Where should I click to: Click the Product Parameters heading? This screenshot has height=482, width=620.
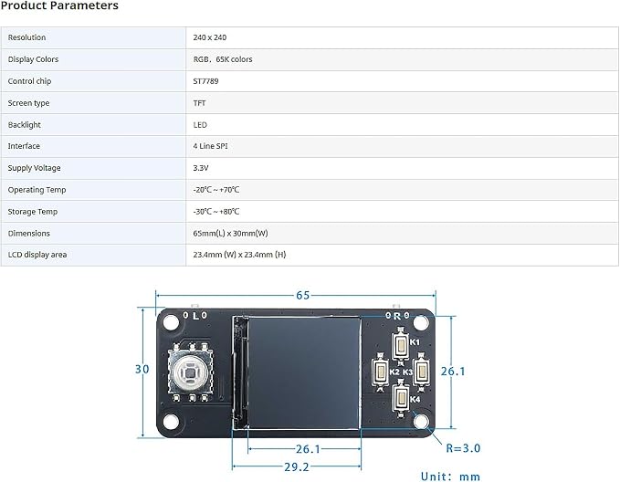(59, 5)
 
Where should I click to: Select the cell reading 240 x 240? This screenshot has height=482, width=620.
(210, 37)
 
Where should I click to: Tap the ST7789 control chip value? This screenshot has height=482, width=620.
(205, 81)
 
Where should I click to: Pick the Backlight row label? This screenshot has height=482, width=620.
(24, 125)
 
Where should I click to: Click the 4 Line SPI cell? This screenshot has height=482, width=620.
(210, 146)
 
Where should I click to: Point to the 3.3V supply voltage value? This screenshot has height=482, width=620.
(201, 168)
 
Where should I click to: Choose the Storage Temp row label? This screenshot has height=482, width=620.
(33, 212)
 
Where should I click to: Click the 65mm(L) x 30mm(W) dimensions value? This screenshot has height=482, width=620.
(230, 234)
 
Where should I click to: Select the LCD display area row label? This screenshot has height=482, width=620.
(37, 255)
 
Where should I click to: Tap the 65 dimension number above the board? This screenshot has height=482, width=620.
(302, 296)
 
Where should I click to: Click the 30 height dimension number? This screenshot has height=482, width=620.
(142, 369)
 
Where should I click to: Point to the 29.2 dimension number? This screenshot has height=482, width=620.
(297, 467)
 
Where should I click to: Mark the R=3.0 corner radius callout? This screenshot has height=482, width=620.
(463, 448)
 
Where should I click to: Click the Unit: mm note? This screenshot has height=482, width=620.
(450, 477)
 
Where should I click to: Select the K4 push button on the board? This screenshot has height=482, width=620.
(401, 398)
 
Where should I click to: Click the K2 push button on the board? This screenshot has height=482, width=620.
(381, 372)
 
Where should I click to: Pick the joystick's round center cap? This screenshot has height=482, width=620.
(190, 372)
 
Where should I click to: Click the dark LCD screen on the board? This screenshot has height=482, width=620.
(304, 372)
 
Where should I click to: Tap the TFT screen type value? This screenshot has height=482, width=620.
(199, 103)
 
